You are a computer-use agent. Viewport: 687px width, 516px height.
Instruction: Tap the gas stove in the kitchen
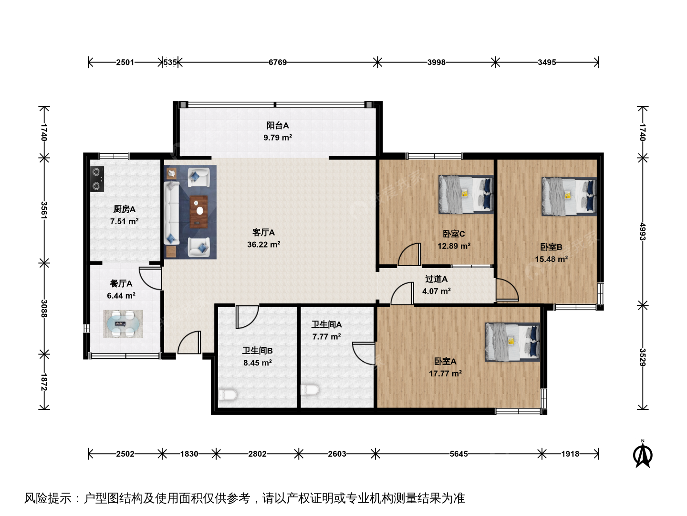point(97,179)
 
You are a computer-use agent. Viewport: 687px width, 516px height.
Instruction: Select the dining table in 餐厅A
point(123,323)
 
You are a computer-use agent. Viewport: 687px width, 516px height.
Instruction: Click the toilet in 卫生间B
point(228,394)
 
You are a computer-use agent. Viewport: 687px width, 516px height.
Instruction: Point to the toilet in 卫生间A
point(310,390)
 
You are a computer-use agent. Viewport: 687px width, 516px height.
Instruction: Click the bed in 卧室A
point(512,342)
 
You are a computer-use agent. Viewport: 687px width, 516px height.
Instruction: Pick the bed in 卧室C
point(466,194)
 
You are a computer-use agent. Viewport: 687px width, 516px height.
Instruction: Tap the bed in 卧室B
point(569,196)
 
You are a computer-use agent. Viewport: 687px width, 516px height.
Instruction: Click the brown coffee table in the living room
point(199,212)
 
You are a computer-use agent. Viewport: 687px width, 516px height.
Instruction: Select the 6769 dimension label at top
point(278,62)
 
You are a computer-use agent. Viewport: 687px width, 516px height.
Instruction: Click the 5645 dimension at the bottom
point(458,454)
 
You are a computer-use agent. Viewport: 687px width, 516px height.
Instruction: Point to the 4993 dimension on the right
point(643,231)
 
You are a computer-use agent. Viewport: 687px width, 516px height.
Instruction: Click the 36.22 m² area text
point(263,244)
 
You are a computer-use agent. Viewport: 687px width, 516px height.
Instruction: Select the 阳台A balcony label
point(278,125)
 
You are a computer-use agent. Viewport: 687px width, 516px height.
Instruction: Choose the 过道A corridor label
point(437,279)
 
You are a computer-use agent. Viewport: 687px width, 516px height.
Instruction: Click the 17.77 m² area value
point(445,373)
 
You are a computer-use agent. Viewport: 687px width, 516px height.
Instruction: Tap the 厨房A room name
point(124,209)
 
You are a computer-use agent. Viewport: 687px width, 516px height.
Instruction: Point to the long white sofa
point(172,213)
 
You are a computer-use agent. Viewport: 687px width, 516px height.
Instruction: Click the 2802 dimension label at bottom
point(257,454)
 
